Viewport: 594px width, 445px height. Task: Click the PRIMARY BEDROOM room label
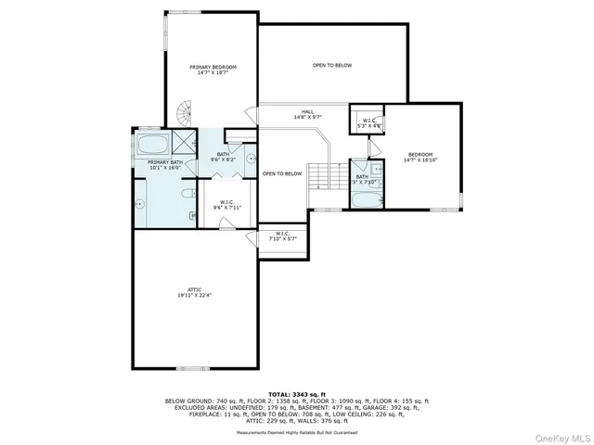(213, 70)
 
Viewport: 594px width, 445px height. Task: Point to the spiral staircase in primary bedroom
(183, 115)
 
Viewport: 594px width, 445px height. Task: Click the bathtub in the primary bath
(152, 145)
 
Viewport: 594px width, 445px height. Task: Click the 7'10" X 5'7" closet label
(282, 235)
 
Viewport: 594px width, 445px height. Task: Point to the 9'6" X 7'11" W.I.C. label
(226, 205)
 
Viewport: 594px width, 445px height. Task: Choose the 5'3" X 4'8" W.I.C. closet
(368, 121)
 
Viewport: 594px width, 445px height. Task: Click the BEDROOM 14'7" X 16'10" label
(420, 157)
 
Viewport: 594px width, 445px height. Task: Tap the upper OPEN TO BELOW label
(331, 65)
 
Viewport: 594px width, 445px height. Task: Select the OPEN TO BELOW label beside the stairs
(282, 173)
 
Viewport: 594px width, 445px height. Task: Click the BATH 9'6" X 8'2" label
(223, 157)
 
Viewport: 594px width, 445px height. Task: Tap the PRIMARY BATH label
(164, 165)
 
